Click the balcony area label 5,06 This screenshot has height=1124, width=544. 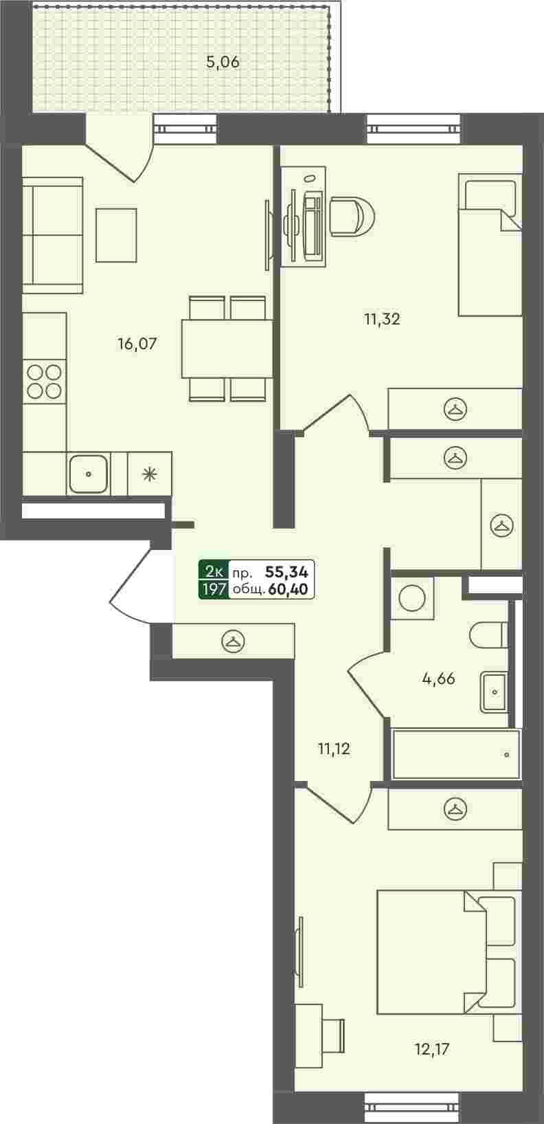(x=223, y=63)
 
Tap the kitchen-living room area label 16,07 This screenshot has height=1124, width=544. (x=137, y=344)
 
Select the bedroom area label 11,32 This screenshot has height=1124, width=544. (x=382, y=318)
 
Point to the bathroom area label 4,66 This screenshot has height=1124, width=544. (x=438, y=679)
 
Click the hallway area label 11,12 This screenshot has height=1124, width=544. (x=334, y=749)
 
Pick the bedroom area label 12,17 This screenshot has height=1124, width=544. (x=431, y=1049)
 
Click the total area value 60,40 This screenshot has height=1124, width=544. (x=288, y=589)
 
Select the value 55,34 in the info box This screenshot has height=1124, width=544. (x=287, y=571)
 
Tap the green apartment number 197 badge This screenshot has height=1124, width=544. (x=214, y=589)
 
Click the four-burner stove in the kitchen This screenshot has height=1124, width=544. (x=44, y=382)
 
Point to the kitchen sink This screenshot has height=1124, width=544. (x=88, y=474)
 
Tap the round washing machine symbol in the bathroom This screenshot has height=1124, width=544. (x=412, y=597)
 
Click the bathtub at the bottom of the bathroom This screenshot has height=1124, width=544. (x=456, y=754)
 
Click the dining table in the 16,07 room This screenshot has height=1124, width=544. (x=227, y=349)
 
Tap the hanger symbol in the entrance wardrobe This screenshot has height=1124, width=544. (x=233, y=641)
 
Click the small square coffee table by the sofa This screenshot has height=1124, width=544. (x=116, y=235)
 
